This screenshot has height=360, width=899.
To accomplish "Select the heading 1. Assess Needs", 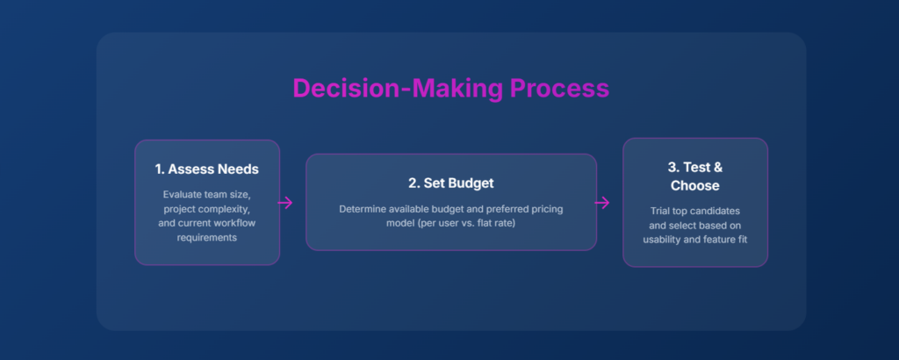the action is click(x=207, y=169).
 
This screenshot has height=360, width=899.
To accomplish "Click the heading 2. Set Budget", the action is click(x=451, y=184).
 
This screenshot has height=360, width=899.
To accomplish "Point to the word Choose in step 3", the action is click(x=695, y=186).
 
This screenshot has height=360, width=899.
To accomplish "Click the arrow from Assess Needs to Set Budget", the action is click(x=285, y=203).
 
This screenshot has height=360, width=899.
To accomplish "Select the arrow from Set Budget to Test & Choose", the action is click(x=602, y=203).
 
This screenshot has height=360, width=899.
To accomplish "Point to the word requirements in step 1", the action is click(x=207, y=237).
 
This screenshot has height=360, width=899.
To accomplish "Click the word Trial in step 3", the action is click(x=662, y=211).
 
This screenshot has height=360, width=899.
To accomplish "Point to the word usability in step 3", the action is click(x=663, y=240).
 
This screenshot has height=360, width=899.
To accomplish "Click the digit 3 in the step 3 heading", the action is click(x=672, y=168).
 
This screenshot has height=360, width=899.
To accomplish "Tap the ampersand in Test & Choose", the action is click(x=716, y=168).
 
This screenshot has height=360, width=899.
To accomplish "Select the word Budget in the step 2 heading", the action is click(x=471, y=184).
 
